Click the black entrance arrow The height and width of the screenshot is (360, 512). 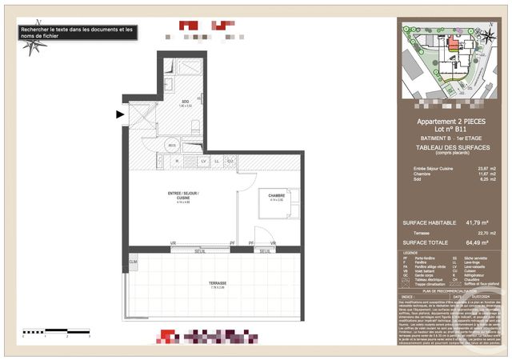120,115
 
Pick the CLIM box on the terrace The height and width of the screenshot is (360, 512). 133,262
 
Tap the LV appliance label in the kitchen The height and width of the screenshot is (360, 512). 204,162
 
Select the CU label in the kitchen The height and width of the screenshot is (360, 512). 230,162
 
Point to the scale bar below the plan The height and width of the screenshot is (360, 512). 56,331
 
